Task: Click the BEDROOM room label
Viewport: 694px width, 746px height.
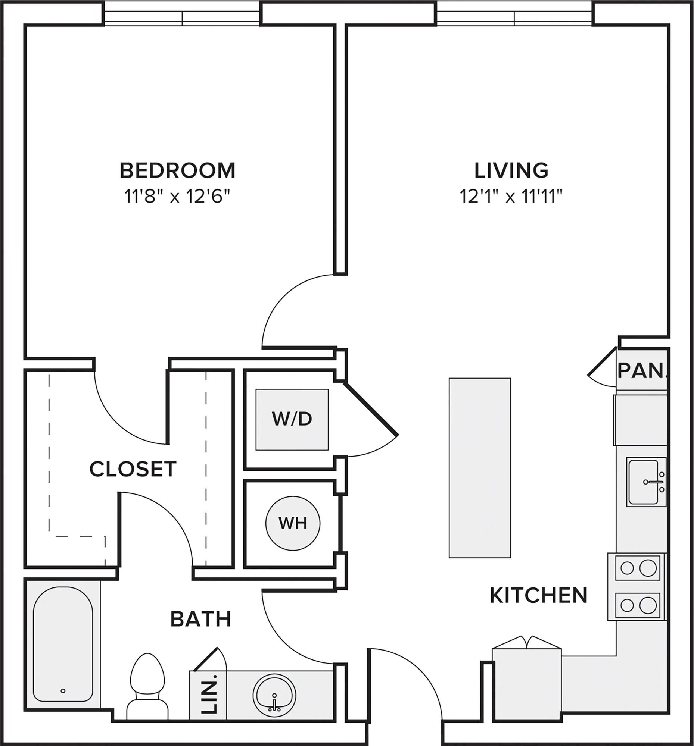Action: tap(177, 170)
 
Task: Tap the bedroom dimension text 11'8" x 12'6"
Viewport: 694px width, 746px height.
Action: tap(177, 196)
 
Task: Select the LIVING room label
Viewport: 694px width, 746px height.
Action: tap(511, 170)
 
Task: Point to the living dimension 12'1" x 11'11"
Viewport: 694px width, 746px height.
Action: tap(511, 196)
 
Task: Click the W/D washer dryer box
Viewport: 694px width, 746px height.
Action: tap(292, 420)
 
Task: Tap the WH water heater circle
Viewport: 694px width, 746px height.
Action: tap(293, 523)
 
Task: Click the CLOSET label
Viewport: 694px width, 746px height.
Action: tap(133, 469)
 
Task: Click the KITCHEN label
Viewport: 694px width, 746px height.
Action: tap(539, 595)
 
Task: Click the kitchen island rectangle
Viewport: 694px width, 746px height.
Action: tap(480, 468)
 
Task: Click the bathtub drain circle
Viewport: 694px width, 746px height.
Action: tap(63, 691)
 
